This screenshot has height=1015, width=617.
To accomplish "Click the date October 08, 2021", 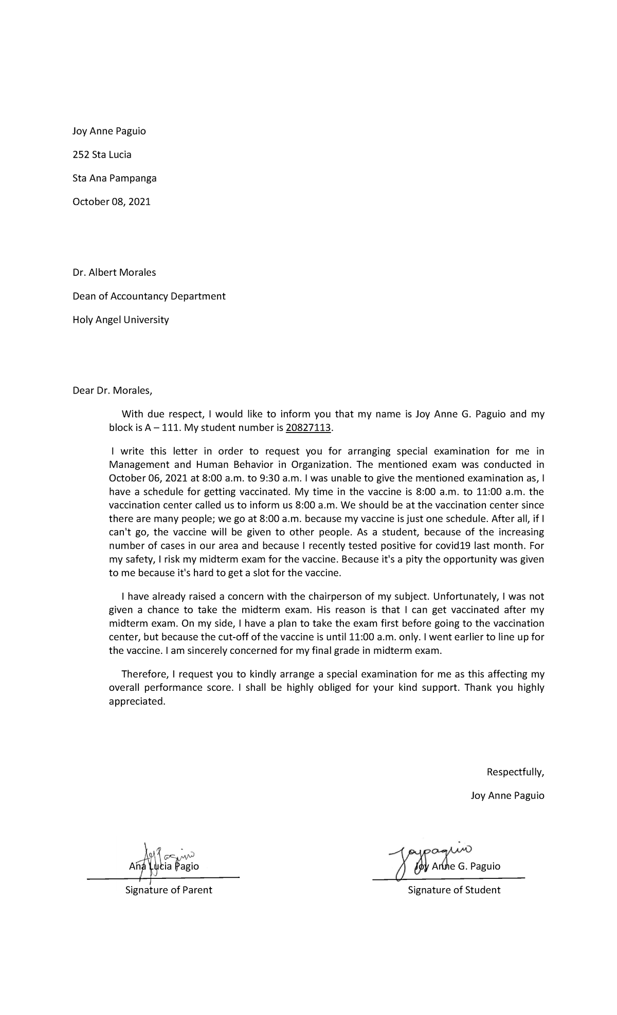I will click(112, 202).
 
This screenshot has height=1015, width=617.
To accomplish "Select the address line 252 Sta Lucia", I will click(102, 155).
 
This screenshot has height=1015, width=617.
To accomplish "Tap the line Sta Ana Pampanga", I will click(114, 178).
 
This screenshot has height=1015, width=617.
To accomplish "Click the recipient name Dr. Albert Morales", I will click(114, 273).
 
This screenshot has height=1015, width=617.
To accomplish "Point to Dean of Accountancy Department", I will click(149, 296).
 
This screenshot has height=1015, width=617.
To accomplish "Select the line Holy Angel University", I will click(120, 320).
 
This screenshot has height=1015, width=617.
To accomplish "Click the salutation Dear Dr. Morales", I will click(113, 391).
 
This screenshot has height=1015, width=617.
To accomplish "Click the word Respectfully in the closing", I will click(515, 772).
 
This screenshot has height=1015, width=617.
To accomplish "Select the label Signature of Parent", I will click(169, 890).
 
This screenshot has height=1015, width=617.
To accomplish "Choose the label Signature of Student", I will click(453, 890).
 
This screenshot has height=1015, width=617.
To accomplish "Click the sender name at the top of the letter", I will click(109, 131).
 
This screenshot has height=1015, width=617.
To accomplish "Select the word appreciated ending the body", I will click(137, 701).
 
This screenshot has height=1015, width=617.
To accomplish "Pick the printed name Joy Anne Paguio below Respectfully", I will click(507, 796).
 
